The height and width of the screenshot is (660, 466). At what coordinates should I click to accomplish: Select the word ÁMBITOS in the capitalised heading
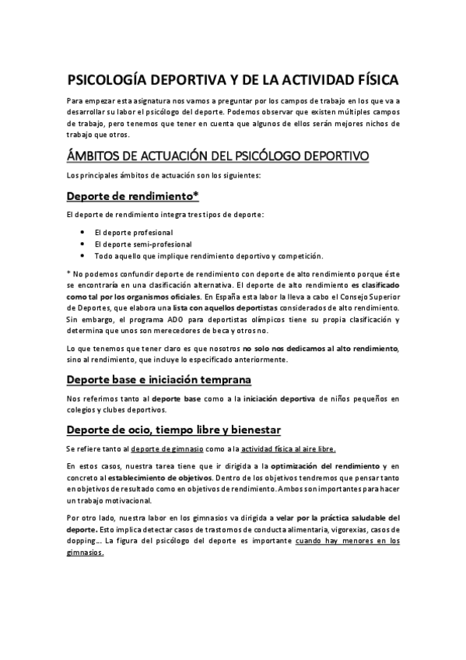(100, 155)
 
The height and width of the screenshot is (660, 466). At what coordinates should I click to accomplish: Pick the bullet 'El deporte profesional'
(133, 233)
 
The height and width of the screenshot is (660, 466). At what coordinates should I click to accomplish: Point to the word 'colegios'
(82, 410)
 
